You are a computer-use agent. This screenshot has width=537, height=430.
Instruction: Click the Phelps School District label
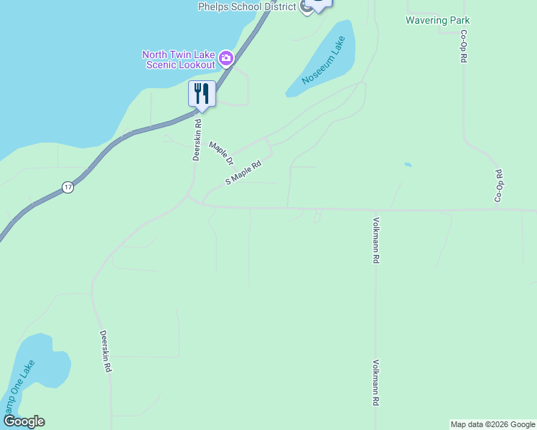pos(248,6)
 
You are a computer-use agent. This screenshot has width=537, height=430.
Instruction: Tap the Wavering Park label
pos(437,20)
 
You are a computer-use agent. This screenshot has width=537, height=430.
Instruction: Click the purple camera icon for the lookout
pos(225,57)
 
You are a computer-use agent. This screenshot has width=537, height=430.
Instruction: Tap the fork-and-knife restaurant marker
pos(202,94)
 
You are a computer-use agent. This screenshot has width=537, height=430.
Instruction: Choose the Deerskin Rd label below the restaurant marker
pos(196,139)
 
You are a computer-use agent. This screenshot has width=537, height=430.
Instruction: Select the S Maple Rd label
pos(243,173)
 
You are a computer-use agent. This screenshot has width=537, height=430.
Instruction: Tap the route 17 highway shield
pos(67,187)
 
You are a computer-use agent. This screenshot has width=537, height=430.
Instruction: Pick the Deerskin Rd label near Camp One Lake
pos(106,350)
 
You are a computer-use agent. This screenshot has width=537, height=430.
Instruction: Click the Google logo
pos(24,421)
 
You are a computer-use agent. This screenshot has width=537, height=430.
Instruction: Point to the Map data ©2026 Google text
pos(492,424)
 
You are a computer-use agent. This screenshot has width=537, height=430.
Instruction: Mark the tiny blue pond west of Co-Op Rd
pos(408,165)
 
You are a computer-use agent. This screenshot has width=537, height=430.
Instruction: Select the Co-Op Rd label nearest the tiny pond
pos(499,185)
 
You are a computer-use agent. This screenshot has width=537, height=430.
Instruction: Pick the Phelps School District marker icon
pos(307,7)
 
